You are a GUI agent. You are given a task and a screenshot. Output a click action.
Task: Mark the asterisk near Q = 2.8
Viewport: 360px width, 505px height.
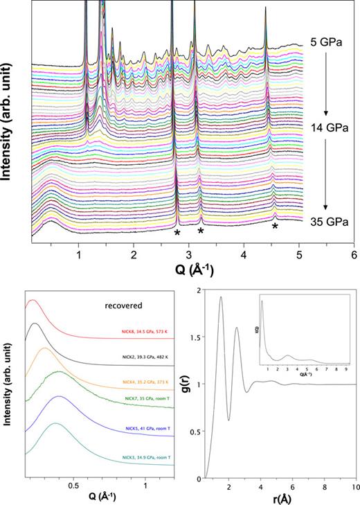[177, 233]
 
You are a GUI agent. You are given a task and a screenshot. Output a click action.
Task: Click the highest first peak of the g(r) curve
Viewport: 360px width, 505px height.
[221, 297]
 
